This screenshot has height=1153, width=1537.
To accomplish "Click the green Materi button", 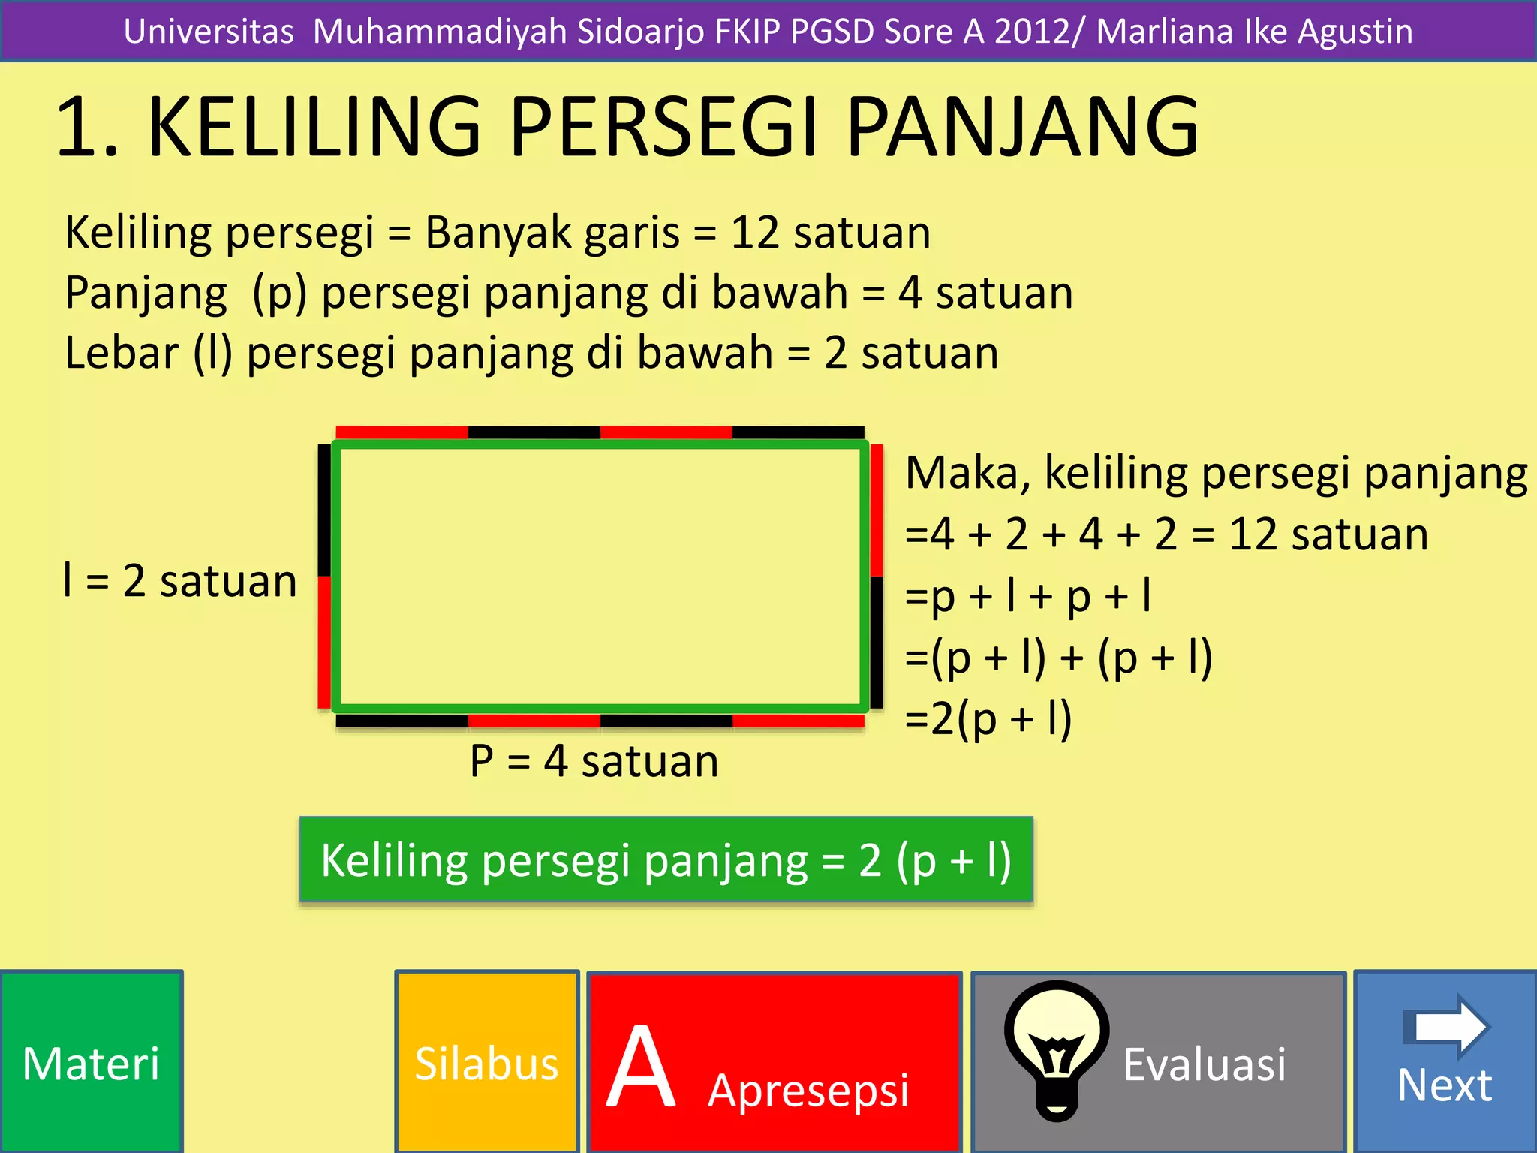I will click(91, 1062).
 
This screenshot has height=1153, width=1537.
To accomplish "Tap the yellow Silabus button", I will click(487, 1062).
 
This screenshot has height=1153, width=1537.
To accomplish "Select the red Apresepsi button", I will click(774, 1062).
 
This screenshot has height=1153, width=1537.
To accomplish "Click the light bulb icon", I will click(1057, 1047).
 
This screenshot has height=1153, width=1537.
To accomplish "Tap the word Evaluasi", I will click(1204, 1064).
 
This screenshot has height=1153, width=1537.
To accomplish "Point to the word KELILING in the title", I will click(314, 128).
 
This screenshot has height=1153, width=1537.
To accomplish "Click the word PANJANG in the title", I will click(1022, 128).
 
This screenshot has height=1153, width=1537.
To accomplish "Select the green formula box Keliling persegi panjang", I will click(666, 859).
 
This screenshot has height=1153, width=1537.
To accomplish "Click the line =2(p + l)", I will click(988, 718).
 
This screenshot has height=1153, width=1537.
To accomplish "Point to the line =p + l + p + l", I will click(1028, 596).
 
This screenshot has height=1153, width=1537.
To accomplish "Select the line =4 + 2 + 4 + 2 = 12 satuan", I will click(1166, 534).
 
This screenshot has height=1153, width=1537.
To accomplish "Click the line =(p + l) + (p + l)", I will click(1058, 658).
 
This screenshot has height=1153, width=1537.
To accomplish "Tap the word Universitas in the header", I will click(209, 32).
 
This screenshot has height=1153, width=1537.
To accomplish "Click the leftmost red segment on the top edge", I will click(402, 432).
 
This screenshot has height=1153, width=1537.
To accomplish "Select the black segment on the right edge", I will click(876, 642).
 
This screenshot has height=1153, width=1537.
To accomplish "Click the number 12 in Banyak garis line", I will click(754, 233).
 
